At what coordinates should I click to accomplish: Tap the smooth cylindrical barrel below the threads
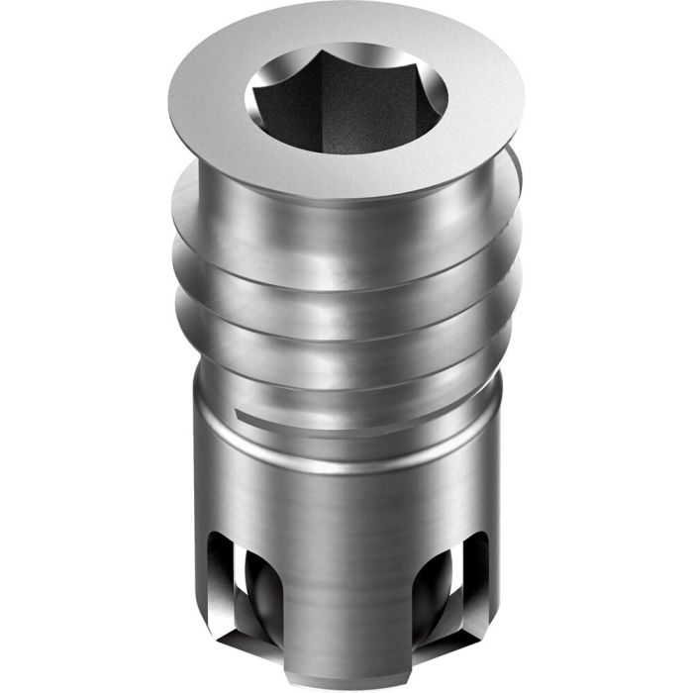click(346, 515)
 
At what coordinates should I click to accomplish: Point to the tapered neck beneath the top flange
click(346, 198)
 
